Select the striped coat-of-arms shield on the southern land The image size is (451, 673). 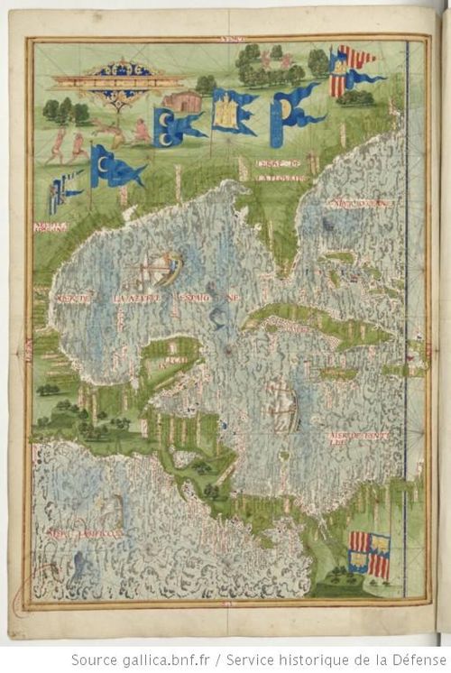click(x=370, y=554)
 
